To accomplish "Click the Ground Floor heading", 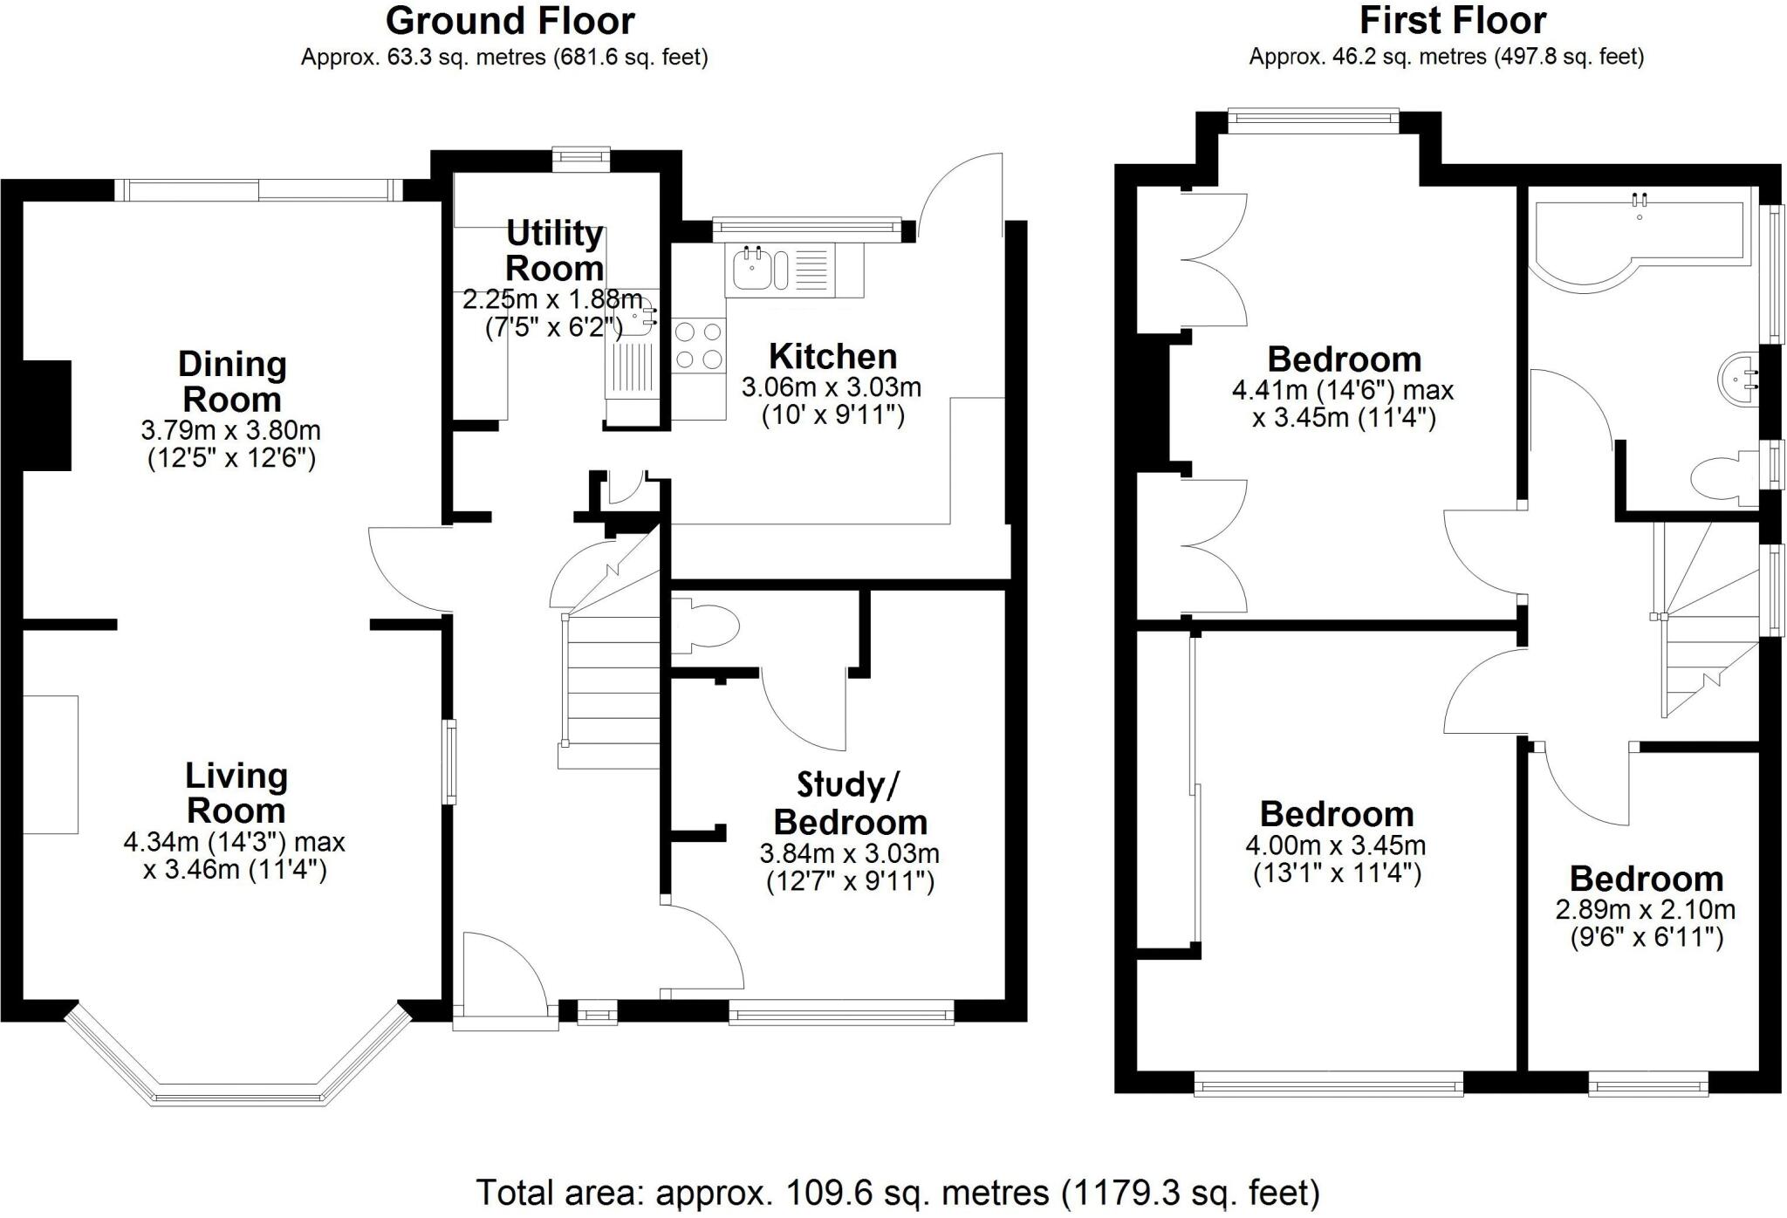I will pyautogui.click(x=510, y=21).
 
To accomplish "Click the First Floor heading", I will pyautogui.click(x=1453, y=21).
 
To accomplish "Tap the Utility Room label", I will pyautogui.click(x=555, y=250).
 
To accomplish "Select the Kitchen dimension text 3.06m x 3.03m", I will pyautogui.click(x=832, y=387).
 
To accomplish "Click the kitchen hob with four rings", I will pyautogui.click(x=699, y=346).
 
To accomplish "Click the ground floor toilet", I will pyautogui.click(x=707, y=626).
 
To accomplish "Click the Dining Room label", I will pyautogui.click(x=232, y=381).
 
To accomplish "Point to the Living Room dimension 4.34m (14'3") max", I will pyautogui.click(x=234, y=842).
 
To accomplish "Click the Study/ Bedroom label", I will pyautogui.click(x=850, y=804).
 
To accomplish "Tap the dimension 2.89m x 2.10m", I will pyautogui.click(x=1646, y=910).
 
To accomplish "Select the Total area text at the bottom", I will pyautogui.click(x=898, y=1192).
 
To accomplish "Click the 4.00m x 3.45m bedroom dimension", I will pyautogui.click(x=1336, y=845).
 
